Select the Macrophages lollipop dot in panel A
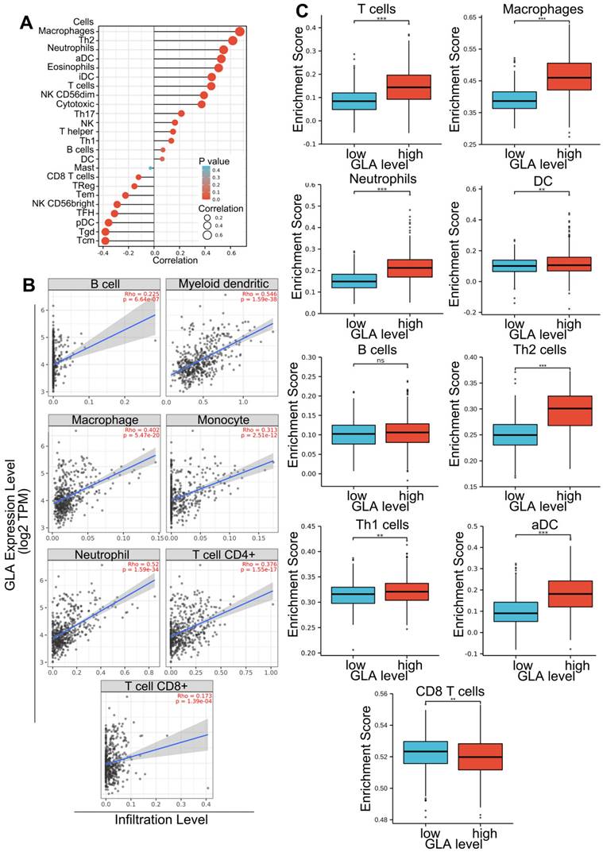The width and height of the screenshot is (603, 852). [x=240, y=31]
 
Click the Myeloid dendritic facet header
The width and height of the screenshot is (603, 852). [x=223, y=283]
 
